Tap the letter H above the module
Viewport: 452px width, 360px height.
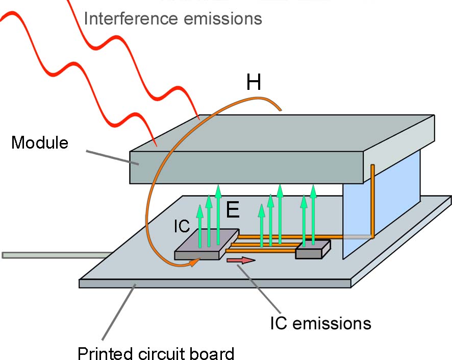(254, 82)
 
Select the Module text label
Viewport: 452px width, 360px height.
(40, 142)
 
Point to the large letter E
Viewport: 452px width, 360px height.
(233, 210)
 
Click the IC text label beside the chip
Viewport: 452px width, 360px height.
(182, 226)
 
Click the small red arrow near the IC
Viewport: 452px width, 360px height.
(241, 260)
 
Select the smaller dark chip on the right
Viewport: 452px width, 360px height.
(313, 250)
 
